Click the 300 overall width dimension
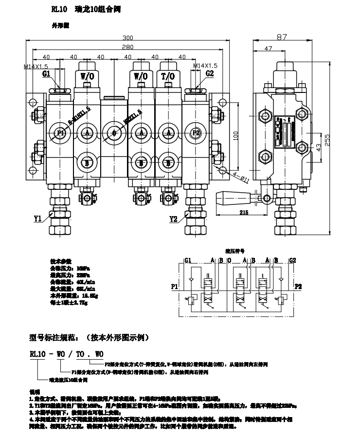click(x=128, y=38)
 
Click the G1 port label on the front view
click(x=47, y=74)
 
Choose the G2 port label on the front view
click(x=210, y=74)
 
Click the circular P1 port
click(x=60, y=133)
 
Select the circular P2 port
click(x=196, y=133)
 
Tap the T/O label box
click(x=167, y=76)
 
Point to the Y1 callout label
click(x=38, y=219)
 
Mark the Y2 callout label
click(x=174, y=219)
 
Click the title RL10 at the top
click(x=59, y=9)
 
